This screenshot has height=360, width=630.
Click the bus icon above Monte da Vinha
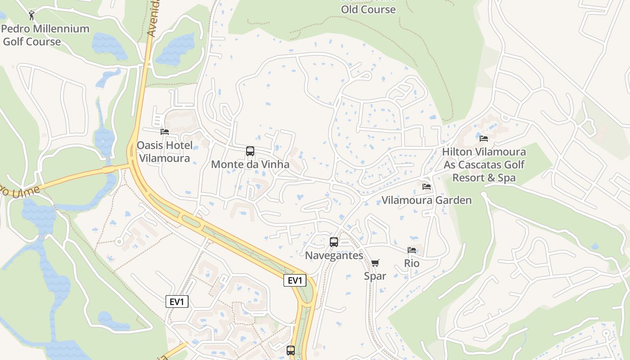pos(250,151)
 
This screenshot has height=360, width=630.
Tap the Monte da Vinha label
pos(250,164)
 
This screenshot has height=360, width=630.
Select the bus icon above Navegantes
pos(334,242)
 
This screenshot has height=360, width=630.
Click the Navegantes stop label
pos(334,256)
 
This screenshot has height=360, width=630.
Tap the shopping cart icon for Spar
pos(375,263)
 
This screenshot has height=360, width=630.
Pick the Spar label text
pos(375,276)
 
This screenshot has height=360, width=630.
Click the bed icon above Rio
pos(412,250)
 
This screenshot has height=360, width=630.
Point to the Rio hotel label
pos(412,263)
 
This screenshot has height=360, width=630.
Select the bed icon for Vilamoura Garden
pos(427,186)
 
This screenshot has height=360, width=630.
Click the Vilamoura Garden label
pos(427,200)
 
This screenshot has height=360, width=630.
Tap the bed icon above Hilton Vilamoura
pos(484,138)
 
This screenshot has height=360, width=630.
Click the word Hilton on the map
pos(458,152)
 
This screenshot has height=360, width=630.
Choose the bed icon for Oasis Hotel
pos(165,132)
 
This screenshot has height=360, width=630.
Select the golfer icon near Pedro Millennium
pos(31,16)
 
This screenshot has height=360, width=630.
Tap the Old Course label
pos(368,9)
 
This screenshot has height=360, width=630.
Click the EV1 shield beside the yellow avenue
pos(295,280)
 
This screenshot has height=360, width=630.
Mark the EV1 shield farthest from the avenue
pos(177,301)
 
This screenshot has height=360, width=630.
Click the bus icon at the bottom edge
pos(291,350)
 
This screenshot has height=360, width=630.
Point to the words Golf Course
pos(32,42)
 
